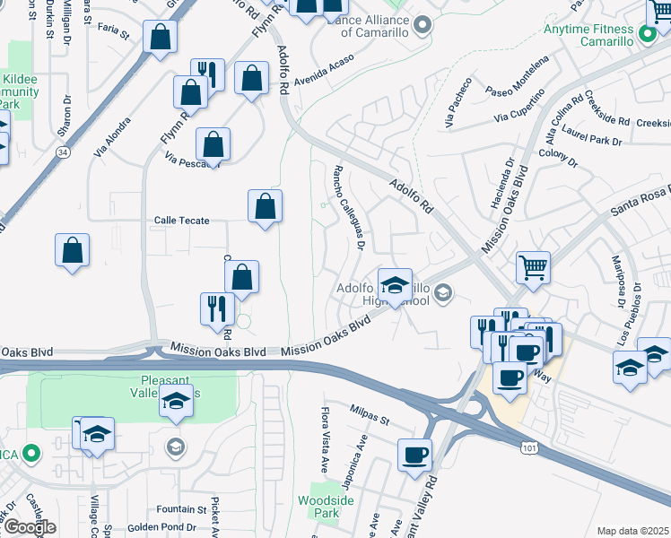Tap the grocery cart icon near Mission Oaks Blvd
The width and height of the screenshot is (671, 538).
[x=533, y=266]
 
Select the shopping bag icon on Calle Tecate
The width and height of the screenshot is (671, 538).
[x=265, y=206]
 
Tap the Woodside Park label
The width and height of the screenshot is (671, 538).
[x=319, y=506]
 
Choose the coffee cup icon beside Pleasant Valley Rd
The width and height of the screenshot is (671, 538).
[x=414, y=455]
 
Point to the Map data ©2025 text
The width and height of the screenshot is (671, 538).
[x=633, y=531]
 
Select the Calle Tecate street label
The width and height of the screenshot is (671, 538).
[x=181, y=221]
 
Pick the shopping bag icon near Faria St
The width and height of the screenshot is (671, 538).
[x=160, y=38]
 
